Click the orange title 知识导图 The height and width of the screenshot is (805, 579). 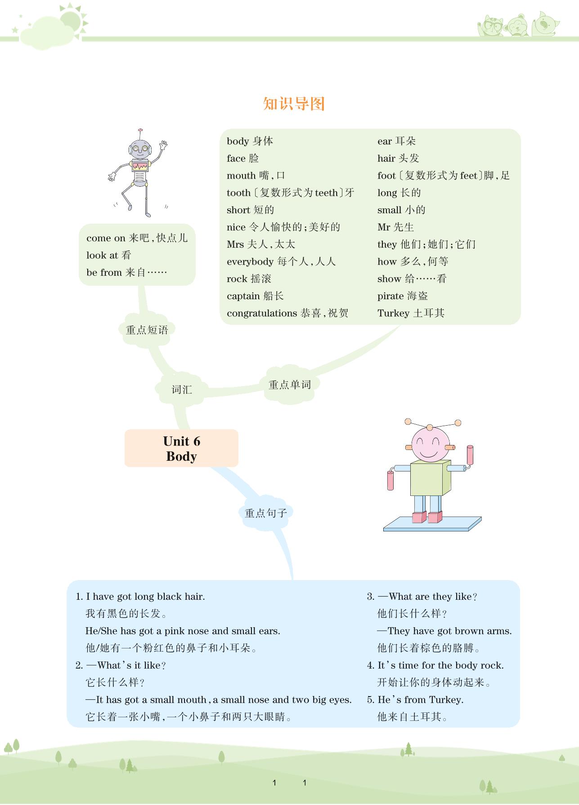pyautogui.click(x=294, y=104)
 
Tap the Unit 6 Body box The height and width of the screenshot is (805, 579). pyautogui.click(x=181, y=448)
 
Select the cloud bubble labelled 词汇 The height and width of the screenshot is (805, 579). pyautogui.click(x=181, y=390)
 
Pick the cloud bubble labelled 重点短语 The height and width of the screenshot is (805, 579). pyautogui.click(x=147, y=330)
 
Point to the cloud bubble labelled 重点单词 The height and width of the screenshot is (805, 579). pyautogui.click(x=289, y=385)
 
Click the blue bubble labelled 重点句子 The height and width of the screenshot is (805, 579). pyautogui.click(x=265, y=513)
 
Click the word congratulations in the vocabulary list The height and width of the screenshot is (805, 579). pyautogui.click(x=261, y=313)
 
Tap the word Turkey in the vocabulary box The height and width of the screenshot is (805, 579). pyautogui.click(x=393, y=313)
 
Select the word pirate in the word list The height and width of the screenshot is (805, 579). pyautogui.click(x=390, y=296)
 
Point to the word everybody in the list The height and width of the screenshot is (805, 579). pyautogui.click(x=250, y=262)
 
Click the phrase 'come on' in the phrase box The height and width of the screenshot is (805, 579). pyautogui.click(x=106, y=238)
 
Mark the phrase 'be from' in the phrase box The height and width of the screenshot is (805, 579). pyautogui.click(x=104, y=273)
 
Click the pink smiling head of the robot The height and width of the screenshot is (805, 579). pyautogui.click(x=430, y=443)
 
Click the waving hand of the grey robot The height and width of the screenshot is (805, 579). pyautogui.click(x=163, y=145)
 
